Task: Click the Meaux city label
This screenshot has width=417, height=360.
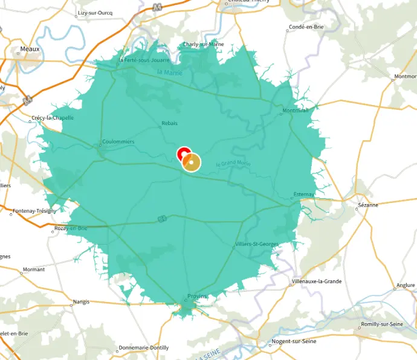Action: [30, 49]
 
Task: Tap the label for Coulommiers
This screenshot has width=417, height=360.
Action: [118, 142]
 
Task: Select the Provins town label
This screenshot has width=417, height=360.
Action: [197, 296]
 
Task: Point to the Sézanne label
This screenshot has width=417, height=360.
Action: [367, 205]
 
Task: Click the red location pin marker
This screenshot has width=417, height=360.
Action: [184, 153]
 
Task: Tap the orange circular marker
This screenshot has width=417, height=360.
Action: [192, 162]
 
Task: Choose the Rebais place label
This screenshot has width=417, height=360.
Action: [170, 124]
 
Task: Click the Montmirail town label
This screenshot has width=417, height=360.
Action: [296, 111]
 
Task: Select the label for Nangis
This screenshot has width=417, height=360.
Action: [81, 301]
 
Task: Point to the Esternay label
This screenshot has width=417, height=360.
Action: [304, 194]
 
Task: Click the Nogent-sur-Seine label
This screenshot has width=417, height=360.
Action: [294, 341]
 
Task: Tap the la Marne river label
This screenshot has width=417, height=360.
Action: [169, 72]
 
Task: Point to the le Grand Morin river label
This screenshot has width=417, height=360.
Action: [233, 164]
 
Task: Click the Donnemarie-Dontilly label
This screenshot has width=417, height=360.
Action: [144, 347]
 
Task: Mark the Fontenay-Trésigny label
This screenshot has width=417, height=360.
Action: [34, 211]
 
